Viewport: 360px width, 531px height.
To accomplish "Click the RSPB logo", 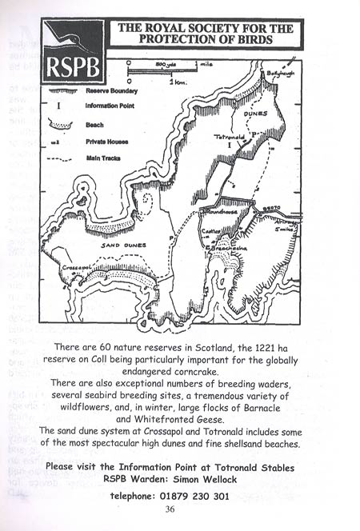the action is click(x=74, y=51).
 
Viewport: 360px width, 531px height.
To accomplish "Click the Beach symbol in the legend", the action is click(x=61, y=125).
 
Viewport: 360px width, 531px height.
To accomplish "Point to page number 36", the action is click(x=169, y=509).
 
